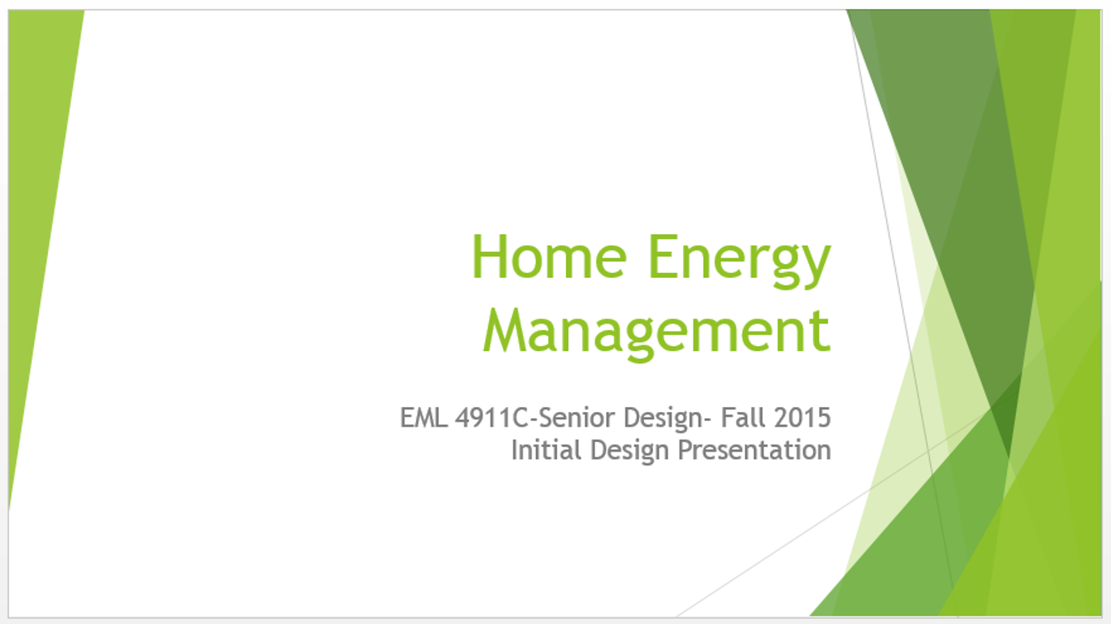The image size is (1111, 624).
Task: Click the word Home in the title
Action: (550, 257)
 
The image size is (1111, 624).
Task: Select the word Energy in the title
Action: (740, 262)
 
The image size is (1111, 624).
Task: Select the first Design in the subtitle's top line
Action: (664, 418)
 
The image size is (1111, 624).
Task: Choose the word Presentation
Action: (754, 450)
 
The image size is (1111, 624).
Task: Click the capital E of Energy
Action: (663, 257)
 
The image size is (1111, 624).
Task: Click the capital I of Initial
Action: (514, 450)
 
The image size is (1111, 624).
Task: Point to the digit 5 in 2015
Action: (824, 418)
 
